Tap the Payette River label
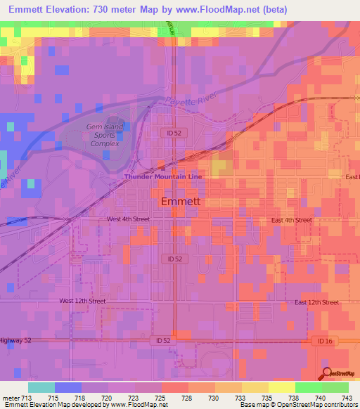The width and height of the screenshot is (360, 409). (x=188, y=103)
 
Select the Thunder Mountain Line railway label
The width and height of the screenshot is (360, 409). (x=163, y=177)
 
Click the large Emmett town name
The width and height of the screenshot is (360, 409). (x=181, y=202)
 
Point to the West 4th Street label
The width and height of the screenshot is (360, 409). (x=128, y=219)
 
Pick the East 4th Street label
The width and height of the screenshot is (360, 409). (x=291, y=220)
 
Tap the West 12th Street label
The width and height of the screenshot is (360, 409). (x=82, y=301)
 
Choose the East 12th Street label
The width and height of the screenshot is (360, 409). (x=316, y=302)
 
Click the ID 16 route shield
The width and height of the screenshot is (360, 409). (x=321, y=340)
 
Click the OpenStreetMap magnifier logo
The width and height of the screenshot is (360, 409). (x=328, y=373)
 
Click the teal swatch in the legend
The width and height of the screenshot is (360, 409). (x=41, y=387)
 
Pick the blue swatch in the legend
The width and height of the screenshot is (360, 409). (x=67, y=387)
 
